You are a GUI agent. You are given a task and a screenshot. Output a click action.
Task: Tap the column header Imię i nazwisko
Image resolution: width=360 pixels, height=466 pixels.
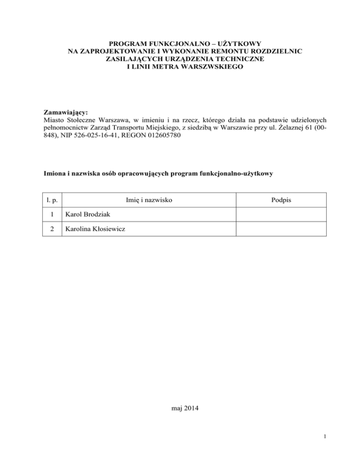[149, 201]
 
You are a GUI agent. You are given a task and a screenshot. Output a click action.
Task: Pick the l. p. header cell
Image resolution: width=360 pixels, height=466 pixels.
[53, 201]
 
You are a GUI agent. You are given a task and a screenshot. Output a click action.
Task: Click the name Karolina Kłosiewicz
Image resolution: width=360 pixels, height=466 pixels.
[95, 229]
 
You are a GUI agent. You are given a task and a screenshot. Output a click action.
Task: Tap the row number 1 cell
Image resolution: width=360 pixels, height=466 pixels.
[53, 215]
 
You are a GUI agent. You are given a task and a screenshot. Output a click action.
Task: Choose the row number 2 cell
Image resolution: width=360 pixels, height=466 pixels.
[53, 229]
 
